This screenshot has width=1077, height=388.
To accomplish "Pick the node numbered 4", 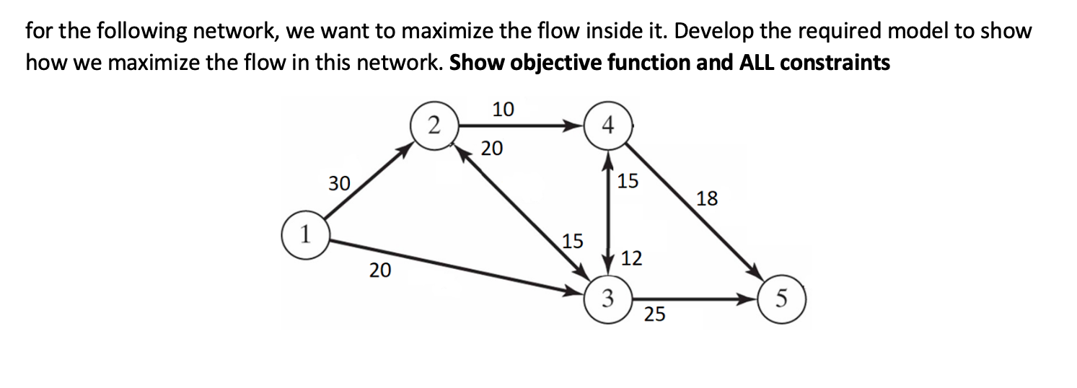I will (x=608, y=126).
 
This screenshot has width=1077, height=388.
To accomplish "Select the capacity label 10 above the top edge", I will (x=503, y=110).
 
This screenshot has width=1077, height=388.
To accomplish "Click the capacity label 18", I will (x=707, y=199).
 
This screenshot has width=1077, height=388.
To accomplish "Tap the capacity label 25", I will (x=655, y=314).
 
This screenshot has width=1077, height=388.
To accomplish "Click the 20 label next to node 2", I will (x=492, y=149).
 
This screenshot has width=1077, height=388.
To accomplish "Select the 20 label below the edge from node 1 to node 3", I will (x=380, y=271).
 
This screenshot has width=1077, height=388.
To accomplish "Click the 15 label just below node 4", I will (x=628, y=181).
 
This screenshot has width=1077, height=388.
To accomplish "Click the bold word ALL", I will (x=756, y=63).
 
